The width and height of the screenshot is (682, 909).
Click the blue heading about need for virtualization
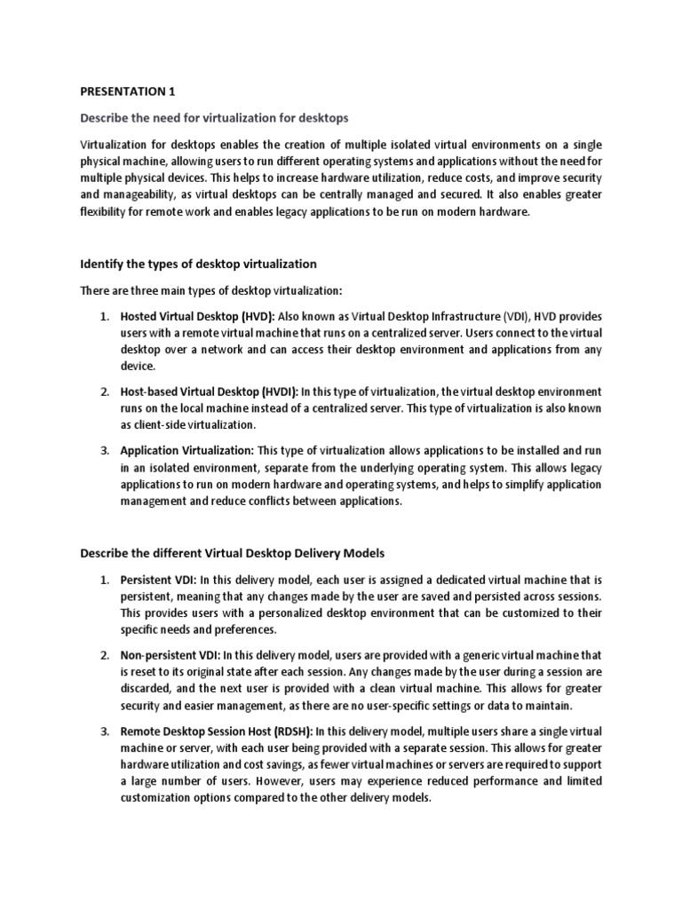click(x=214, y=117)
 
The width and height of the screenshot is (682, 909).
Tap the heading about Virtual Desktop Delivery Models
click(x=233, y=552)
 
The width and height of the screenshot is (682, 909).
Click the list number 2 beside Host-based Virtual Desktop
click(x=103, y=391)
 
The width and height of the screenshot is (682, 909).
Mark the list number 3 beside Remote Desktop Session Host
click(x=103, y=731)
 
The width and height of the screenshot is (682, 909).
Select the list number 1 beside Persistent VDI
click(x=103, y=579)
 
